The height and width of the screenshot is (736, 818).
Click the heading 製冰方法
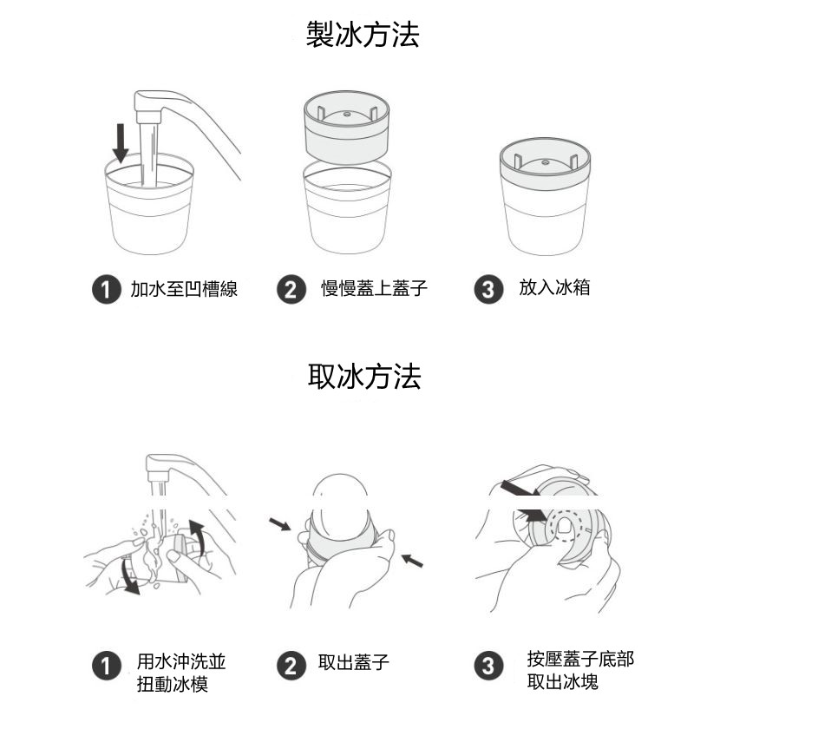pyautogui.click(x=363, y=35)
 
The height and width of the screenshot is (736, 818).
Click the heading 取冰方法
pyautogui.click(x=364, y=377)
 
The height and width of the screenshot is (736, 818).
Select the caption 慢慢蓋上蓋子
pyautogui.click(x=374, y=289)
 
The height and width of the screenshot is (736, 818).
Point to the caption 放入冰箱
pyautogui.click(x=554, y=288)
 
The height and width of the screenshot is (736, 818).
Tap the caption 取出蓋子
pyautogui.click(x=354, y=664)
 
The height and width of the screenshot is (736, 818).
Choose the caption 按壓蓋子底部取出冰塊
pyautogui.click(x=579, y=670)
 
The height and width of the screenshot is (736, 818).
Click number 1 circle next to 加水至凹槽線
pyautogui.click(x=106, y=290)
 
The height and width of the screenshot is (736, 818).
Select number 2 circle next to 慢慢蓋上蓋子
pyautogui.click(x=291, y=290)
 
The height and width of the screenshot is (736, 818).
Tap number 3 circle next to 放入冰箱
pyautogui.click(x=488, y=290)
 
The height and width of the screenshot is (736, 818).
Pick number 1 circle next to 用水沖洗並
pyautogui.click(x=106, y=667)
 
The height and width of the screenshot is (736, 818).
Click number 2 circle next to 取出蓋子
pyautogui.click(x=291, y=667)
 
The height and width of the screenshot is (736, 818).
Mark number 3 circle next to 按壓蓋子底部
pyautogui.click(x=488, y=667)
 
